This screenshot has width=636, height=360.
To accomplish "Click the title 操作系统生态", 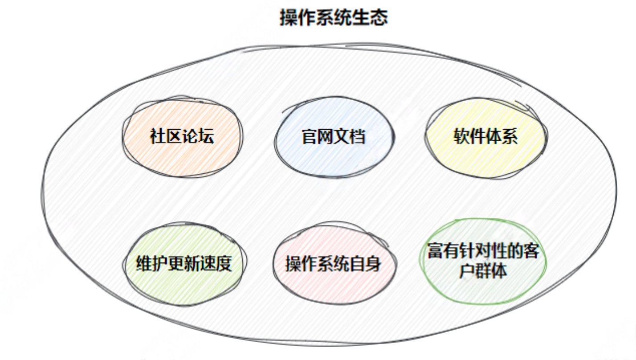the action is [334, 18].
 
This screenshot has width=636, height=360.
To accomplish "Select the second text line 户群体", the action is [483, 271].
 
